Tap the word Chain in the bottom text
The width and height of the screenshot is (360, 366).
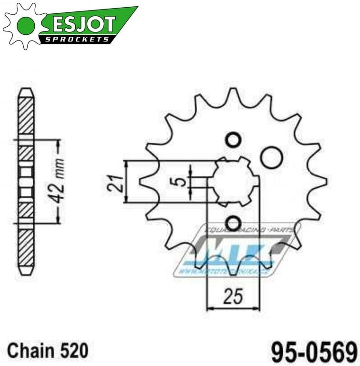click(x=29, y=352)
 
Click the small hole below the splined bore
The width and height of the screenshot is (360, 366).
click(x=233, y=223)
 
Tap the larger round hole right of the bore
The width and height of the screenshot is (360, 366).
click(x=271, y=157)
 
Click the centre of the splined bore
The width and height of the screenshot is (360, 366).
click(x=234, y=181)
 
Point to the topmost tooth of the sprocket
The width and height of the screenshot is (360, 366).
click(x=233, y=94)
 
